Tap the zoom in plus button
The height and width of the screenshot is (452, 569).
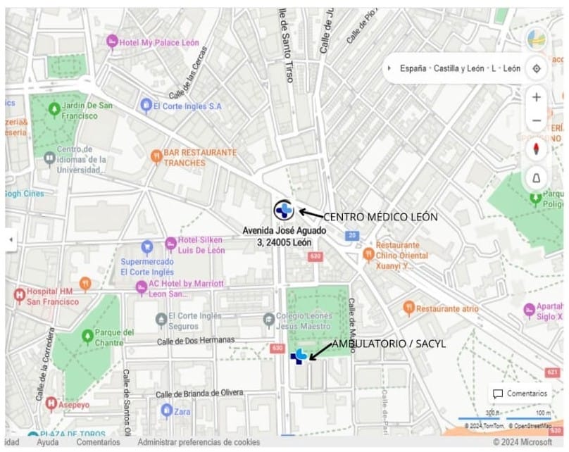(x=537, y=97)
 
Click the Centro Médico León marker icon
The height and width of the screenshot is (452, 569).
(x=284, y=210)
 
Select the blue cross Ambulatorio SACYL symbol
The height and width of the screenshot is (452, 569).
(x=299, y=356)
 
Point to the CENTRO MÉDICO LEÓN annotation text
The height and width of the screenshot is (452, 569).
(x=380, y=216)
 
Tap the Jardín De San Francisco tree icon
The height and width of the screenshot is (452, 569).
(x=54, y=109)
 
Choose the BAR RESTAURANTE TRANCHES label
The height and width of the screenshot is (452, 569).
(x=199, y=157)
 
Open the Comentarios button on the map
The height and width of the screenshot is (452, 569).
(x=520, y=394)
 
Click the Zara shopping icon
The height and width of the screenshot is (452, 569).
(x=167, y=410)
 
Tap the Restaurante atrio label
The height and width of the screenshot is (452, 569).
(x=447, y=308)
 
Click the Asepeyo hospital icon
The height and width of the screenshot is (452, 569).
(x=51, y=403)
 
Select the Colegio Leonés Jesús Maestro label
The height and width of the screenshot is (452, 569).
(x=303, y=322)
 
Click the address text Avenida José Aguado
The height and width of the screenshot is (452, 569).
(x=284, y=230)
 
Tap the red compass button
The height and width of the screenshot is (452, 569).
(x=537, y=149)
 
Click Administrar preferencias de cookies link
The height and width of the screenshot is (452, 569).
(x=199, y=442)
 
